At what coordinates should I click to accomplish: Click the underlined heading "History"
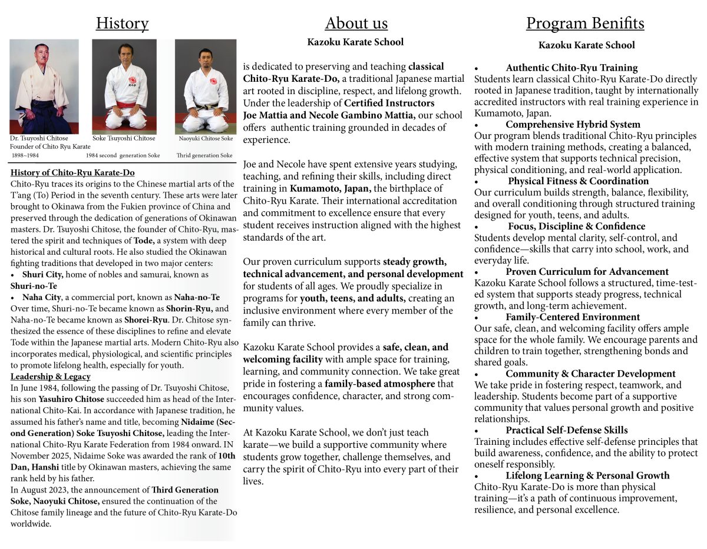122,24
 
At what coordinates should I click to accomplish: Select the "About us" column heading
356,24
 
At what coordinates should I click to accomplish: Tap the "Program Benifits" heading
585,24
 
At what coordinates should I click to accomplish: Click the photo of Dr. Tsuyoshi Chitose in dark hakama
44,86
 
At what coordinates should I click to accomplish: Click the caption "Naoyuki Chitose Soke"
206,139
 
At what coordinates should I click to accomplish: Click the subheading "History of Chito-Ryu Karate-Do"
72,173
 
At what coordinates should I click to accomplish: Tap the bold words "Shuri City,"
41,275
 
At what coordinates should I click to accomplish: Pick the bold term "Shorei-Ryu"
144,320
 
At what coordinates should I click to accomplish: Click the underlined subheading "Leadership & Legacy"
51,377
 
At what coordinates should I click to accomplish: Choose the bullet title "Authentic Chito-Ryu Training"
571,68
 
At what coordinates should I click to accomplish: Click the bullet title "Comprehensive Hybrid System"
573,125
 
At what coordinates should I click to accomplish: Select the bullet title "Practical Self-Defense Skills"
566,430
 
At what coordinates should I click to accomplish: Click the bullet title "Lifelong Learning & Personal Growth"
587,475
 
